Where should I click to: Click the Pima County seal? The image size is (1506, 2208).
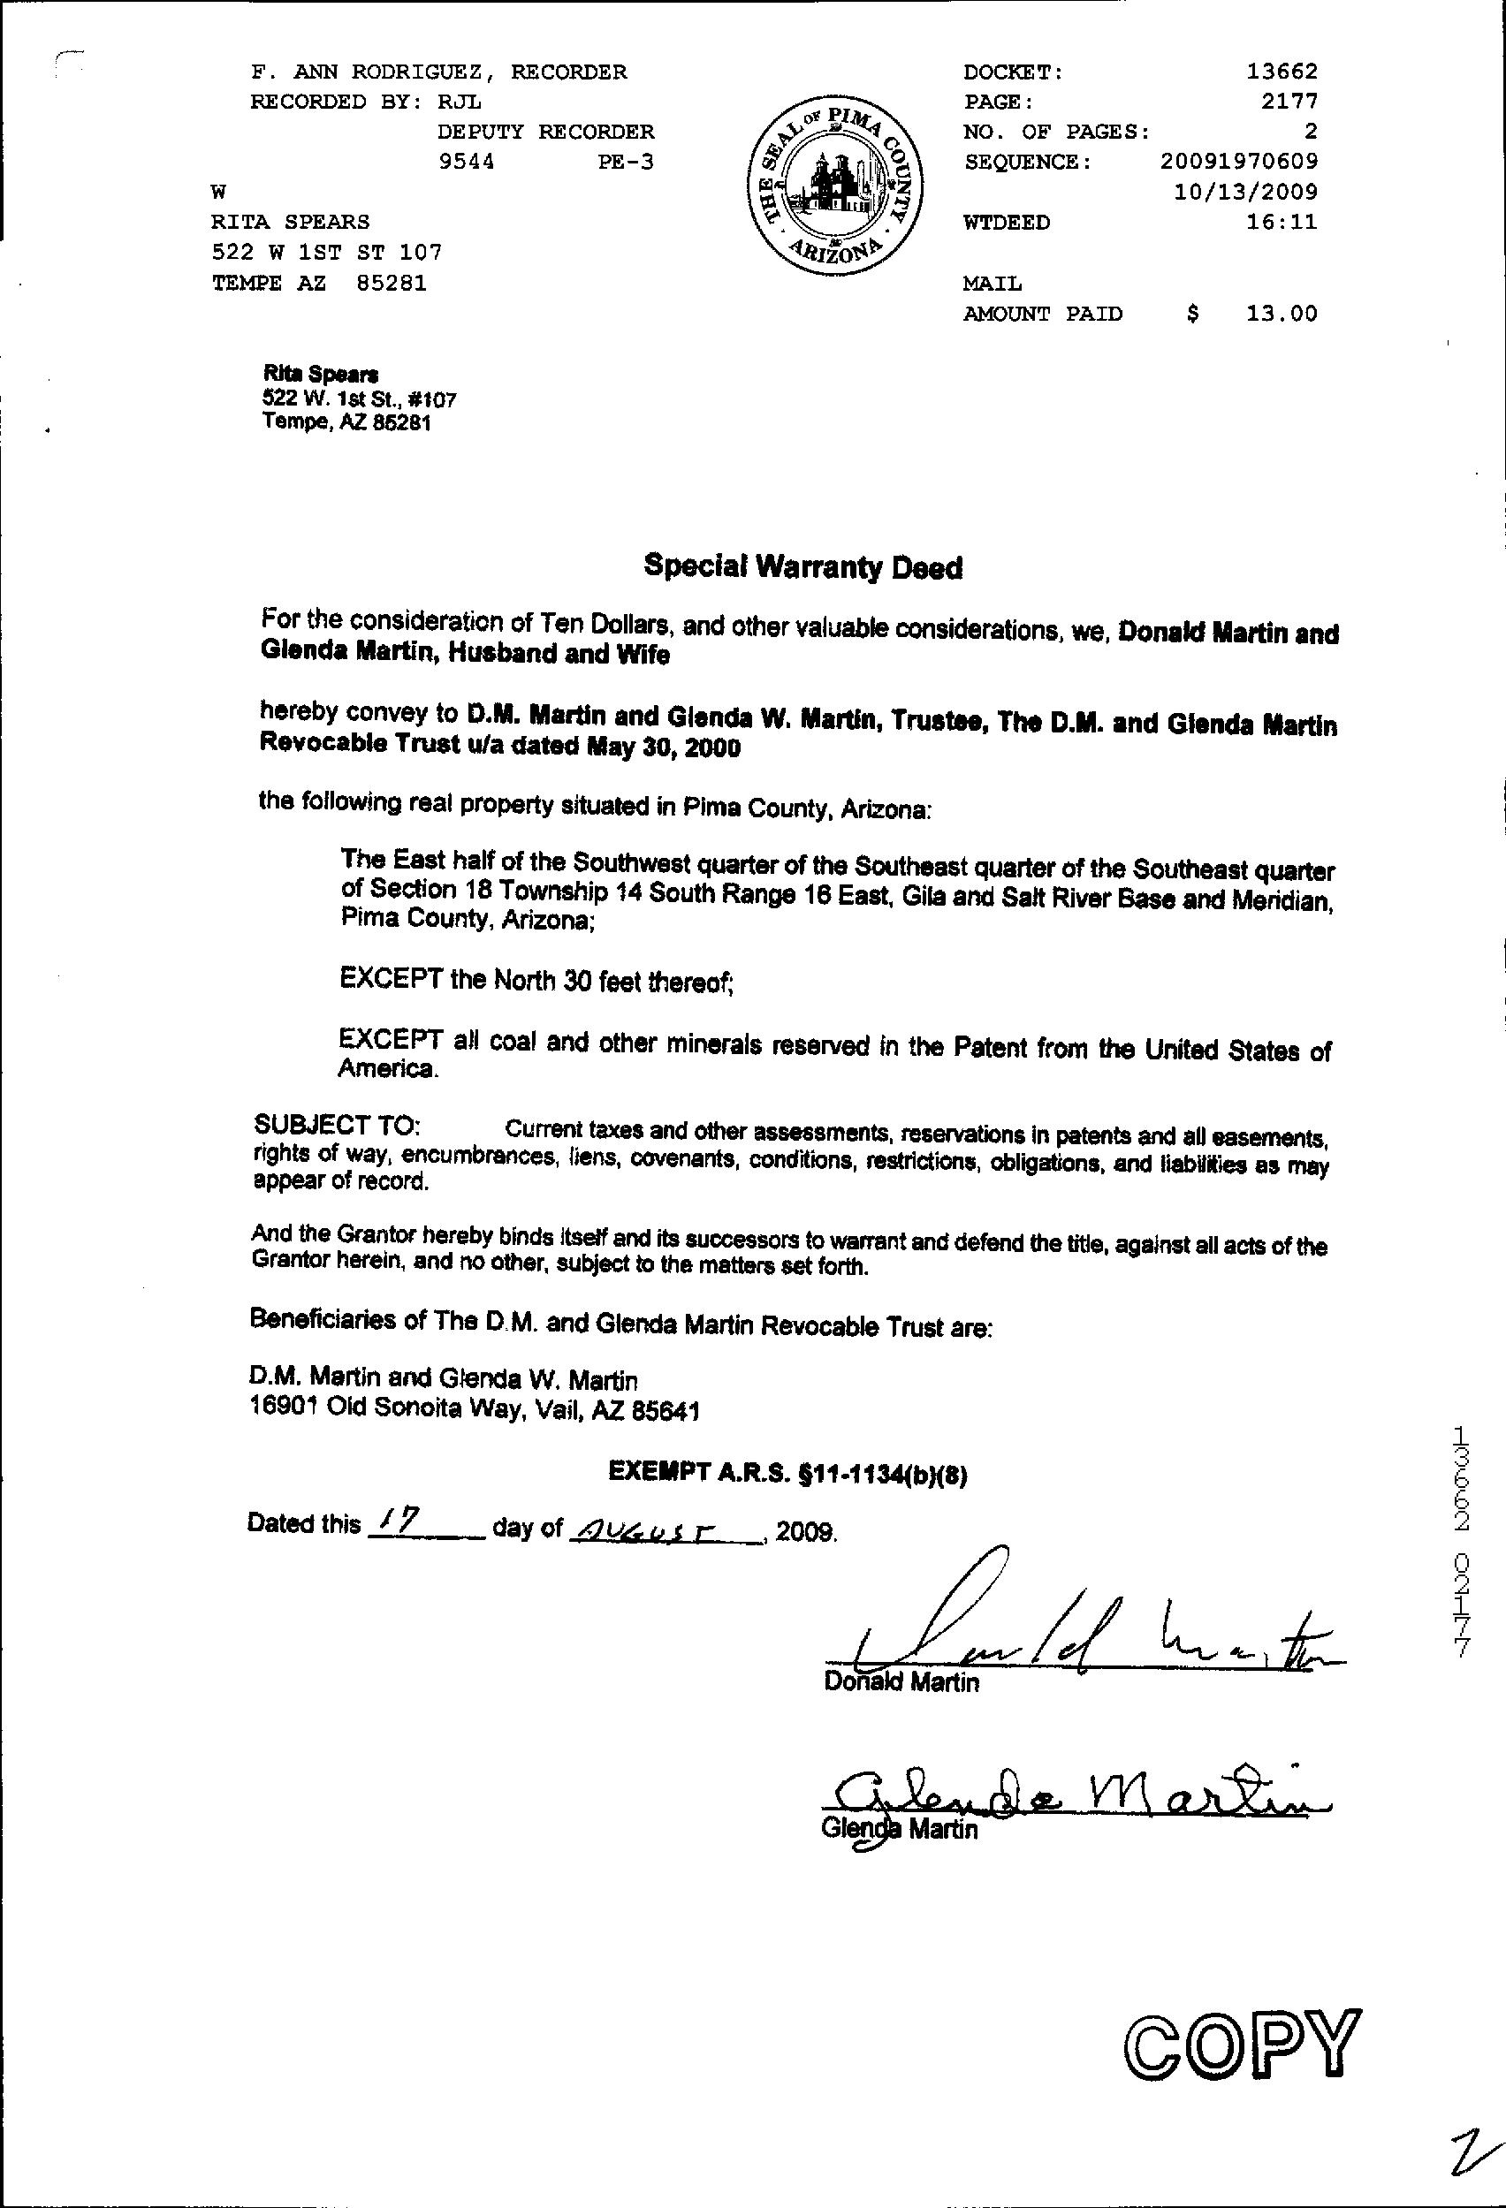click(835, 189)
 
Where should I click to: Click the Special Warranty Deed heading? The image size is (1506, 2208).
click(802, 567)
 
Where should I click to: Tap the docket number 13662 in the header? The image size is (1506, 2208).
click(1282, 72)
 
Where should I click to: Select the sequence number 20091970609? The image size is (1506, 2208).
click(1239, 162)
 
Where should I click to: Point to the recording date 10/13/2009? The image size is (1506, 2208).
click(1245, 192)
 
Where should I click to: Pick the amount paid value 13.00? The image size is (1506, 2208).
click(1282, 314)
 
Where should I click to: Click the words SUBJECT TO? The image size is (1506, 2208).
click(338, 1125)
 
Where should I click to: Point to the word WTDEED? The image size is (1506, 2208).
click(1007, 223)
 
